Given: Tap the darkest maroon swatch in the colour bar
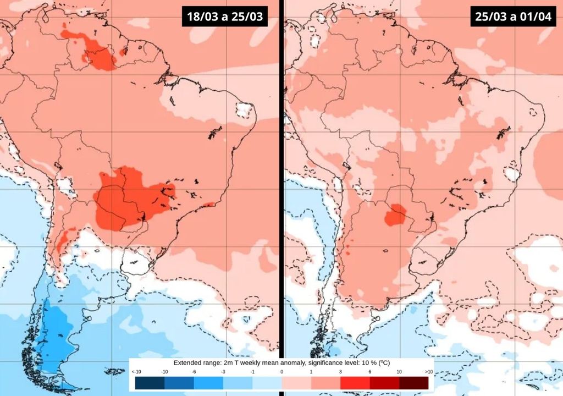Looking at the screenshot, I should (413, 383).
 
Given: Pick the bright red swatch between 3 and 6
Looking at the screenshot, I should (355, 383).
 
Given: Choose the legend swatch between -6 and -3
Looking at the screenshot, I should (207, 383).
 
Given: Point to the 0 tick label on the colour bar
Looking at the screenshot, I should (281, 372).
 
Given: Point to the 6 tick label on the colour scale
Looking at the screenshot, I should (369, 372).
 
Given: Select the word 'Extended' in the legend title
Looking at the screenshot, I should (188, 364).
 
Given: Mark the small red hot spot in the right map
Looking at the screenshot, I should (396, 215).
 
